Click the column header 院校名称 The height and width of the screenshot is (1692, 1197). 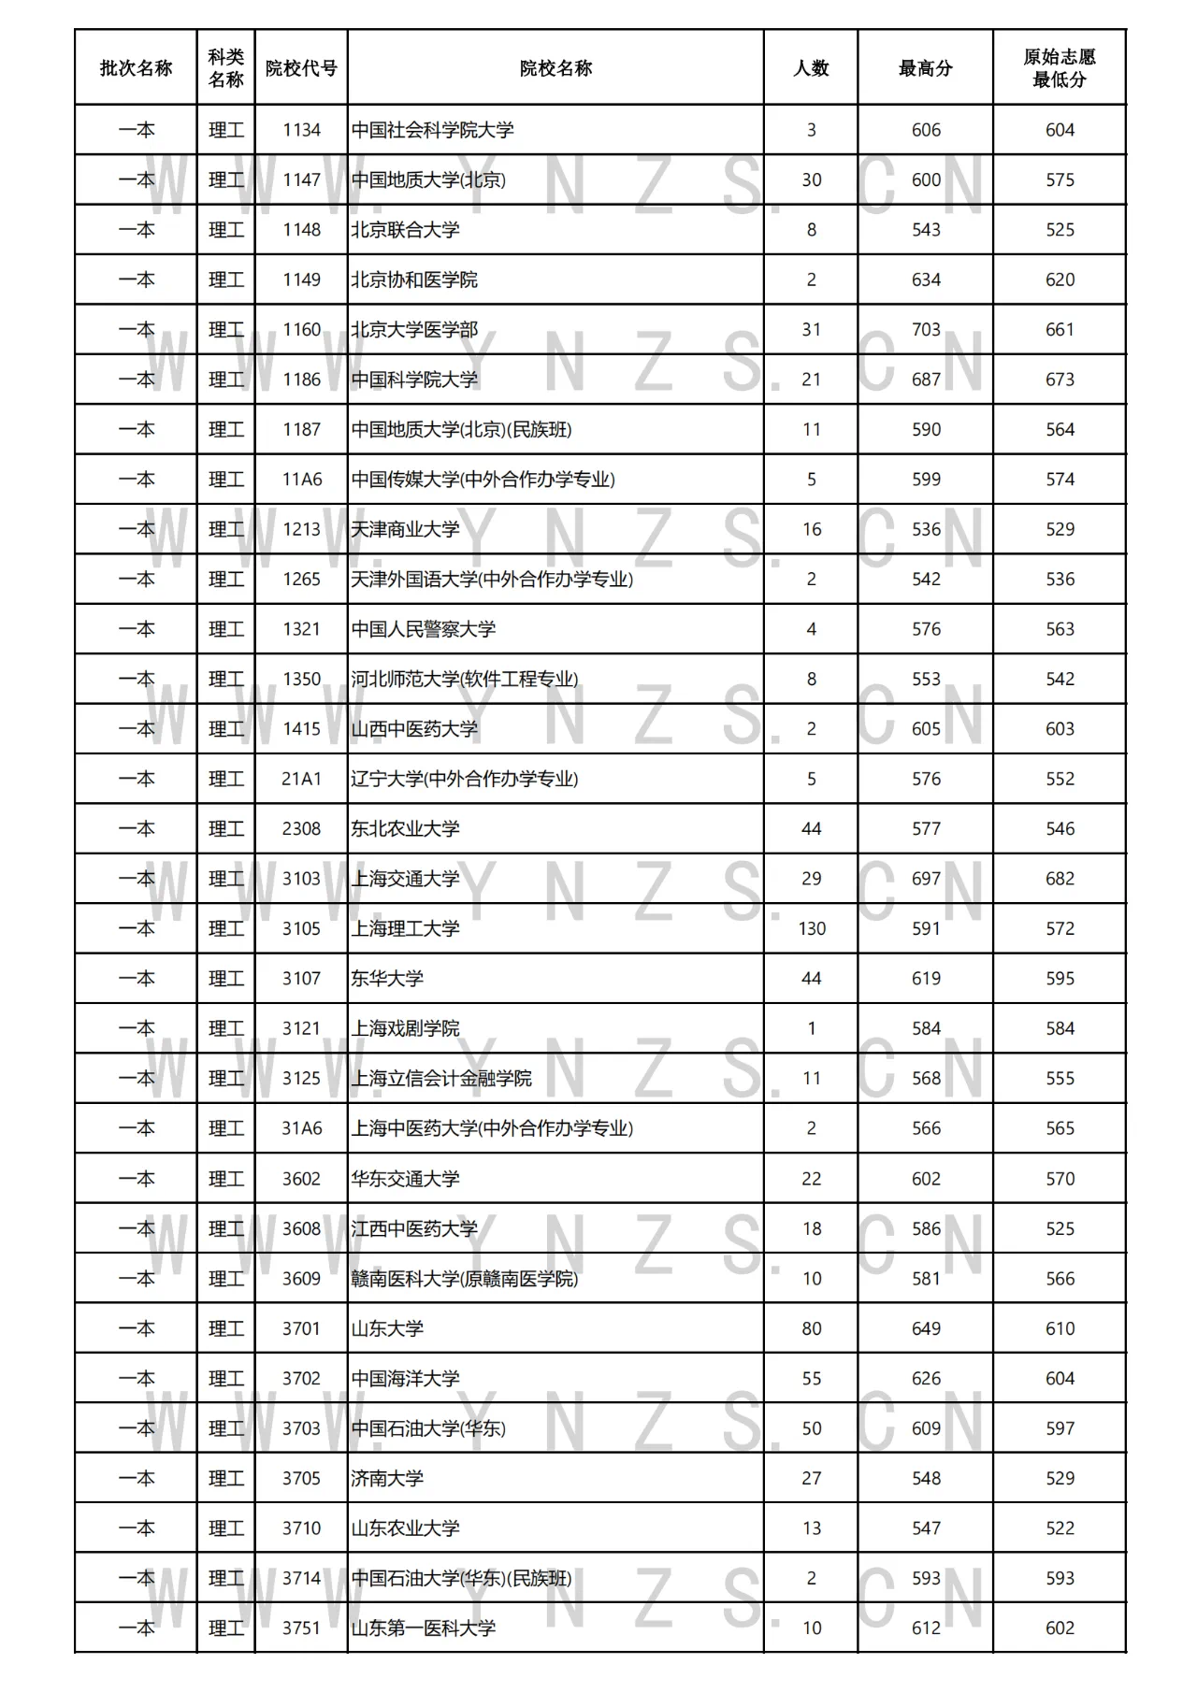[x=555, y=68]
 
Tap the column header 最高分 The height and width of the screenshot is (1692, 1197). [x=926, y=68]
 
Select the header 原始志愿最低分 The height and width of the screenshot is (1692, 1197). [x=1060, y=68]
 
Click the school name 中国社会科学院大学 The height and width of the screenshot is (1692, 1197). [x=433, y=130]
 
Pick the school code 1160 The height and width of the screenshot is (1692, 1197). [x=301, y=330]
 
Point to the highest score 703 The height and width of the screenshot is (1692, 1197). [x=926, y=330]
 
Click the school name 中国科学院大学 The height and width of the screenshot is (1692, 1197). [x=414, y=380]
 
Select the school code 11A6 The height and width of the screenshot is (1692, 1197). [x=301, y=480]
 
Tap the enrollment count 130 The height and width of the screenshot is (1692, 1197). [x=812, y=929]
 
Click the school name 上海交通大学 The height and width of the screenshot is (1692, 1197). [x=406, y=879]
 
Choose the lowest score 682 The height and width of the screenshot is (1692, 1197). [x=1060, y=879]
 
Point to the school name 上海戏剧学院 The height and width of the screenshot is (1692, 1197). [x=406, y=1029]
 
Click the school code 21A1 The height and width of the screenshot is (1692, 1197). [x=301, y=779]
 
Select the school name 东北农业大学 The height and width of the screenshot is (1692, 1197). [x=406, y=829]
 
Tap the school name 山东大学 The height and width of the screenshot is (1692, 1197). [x=387, y=1328]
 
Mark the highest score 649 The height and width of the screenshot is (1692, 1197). [x=926, y=1328]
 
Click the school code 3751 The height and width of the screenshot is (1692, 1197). [x=301, y=1628]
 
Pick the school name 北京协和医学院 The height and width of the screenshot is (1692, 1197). [x=414, y=280]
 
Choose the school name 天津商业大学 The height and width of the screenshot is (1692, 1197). [x=406, y=529]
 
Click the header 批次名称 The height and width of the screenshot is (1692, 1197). [x=136, y=68]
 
